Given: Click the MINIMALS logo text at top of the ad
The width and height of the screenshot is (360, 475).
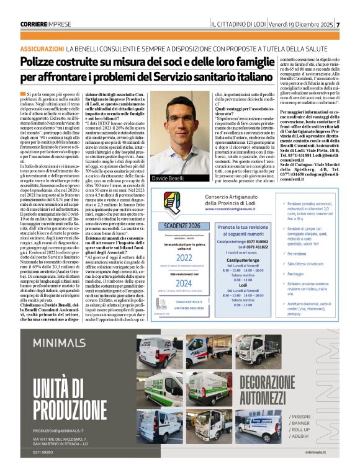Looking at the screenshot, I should pos(59,341).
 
